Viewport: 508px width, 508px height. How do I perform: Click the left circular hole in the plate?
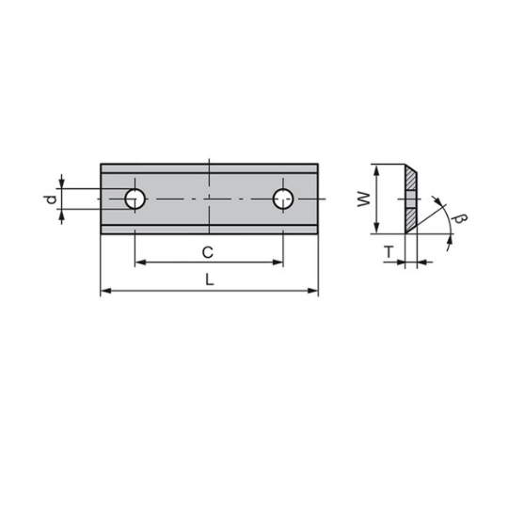tap(135, 198)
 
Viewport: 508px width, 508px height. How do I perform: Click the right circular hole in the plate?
tap(283, 198)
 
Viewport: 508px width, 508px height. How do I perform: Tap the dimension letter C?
tap(208, 252)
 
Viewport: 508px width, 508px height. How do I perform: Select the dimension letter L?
tap(210, 279)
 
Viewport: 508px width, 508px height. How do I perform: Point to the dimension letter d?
tap(51, 199)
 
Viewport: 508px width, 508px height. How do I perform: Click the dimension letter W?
tap(363, 199)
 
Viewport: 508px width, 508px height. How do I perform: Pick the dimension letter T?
tap(389, 252)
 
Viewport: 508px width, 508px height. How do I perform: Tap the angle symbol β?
tap(460, 218)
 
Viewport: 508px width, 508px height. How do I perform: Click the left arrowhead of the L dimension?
tap(106, 291)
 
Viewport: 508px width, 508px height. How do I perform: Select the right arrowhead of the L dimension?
tap(313, 291)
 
